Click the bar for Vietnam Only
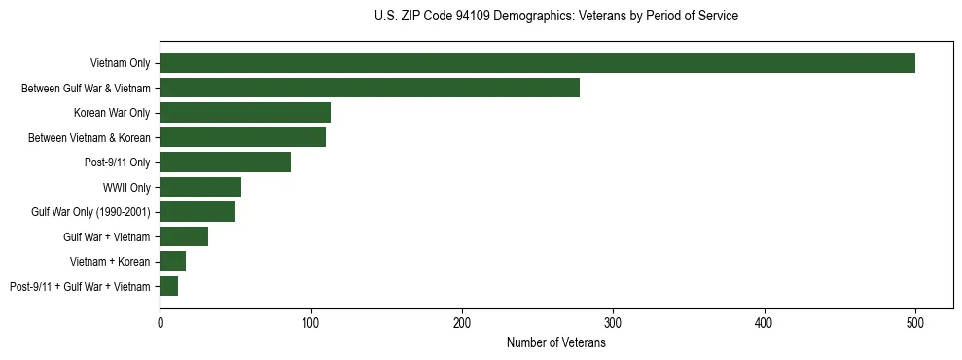[x=537, y=63]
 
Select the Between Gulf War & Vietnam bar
[x=370, y=89]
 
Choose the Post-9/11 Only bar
[x=225, y=162]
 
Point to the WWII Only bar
[x=200, y=187]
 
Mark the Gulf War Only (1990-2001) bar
[x=197, y=212]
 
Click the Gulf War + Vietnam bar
[x=184, y=236]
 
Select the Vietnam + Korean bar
[x=172, y=262]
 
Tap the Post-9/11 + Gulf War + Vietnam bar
[x=168, y=286]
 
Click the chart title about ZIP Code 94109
[x=555, y=17]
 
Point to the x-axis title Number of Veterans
[x=555, y=342]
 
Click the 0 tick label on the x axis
[x=160, y=323]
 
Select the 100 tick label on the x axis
[x=310, y=323]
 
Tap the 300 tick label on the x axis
[x=613, y=323]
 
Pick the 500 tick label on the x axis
[x=915, y=323]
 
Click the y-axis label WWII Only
[x=126, y=188]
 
